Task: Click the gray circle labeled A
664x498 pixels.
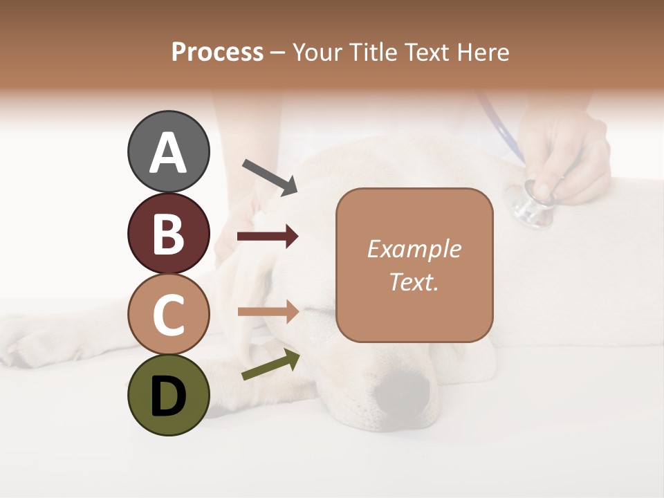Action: [168, 152]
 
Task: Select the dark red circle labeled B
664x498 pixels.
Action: [168, 233]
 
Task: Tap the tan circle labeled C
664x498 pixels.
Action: [168, 314]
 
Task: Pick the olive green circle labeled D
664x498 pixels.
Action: [168, 395]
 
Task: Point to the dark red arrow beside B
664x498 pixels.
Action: [268, 237]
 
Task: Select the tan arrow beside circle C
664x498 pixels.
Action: [268, 312]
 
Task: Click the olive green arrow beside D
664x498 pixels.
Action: [270, 365]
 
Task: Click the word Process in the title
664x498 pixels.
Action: [217, 53]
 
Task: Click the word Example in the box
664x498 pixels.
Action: [414, 249]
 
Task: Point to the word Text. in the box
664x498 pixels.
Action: [414, 282]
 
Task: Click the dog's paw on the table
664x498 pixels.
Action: [28, 342]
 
